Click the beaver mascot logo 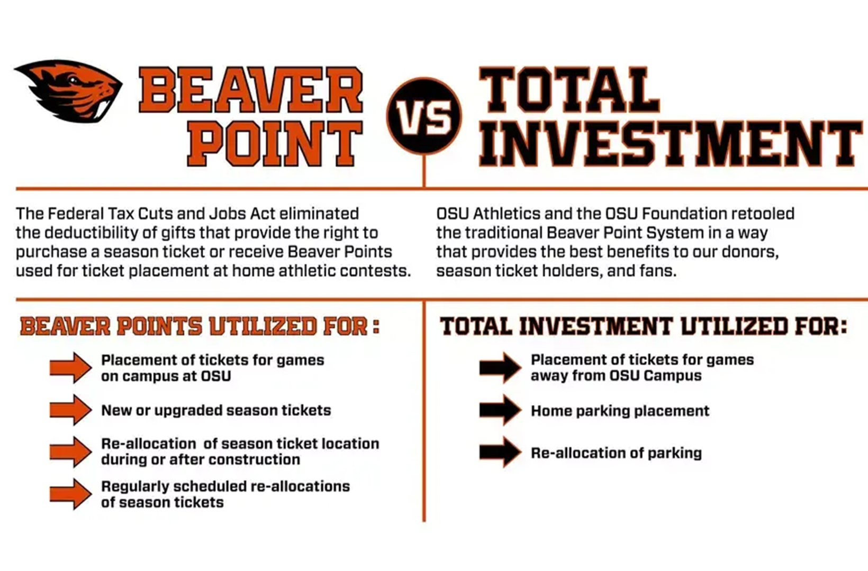point(69,90)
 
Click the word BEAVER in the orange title point(251,90)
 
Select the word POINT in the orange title point(275,143)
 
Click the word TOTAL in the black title point(569,90)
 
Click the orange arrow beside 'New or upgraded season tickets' point(70,410)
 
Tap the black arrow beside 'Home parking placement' point(500,410)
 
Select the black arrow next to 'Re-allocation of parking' point(500,452)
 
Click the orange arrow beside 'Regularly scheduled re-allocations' point(70,494)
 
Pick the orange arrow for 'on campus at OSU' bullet point(70,368)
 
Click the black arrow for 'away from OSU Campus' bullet point(500,368)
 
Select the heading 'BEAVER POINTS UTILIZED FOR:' point(200,326)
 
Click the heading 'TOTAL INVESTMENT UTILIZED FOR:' point(644,326)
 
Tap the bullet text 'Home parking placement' point(620,411)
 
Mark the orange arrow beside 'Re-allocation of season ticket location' point(70,452)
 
